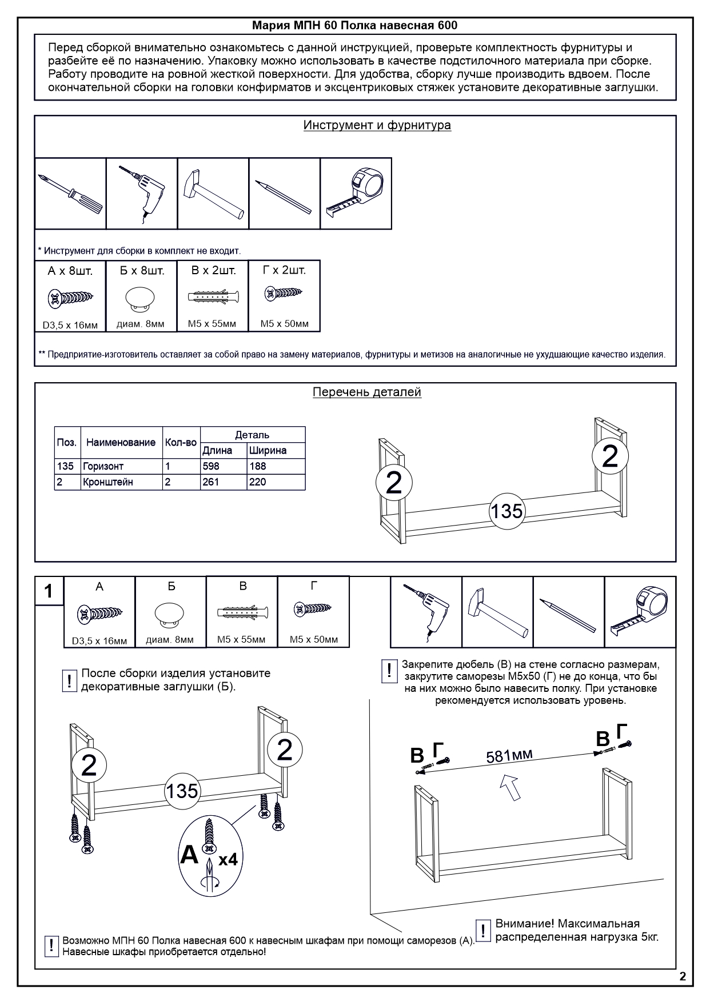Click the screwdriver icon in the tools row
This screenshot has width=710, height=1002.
[70, 194]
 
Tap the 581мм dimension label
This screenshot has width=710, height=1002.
[509, 755]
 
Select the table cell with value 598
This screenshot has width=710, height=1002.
[223, 466]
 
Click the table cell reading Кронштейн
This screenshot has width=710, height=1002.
[121, 482]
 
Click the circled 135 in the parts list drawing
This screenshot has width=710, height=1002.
[506, 510]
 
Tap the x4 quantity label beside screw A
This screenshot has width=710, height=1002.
[228, 859]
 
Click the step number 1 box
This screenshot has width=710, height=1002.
[49, 591]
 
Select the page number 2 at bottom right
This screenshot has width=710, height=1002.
[683, 976]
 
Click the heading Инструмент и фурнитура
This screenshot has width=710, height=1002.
[377, 125]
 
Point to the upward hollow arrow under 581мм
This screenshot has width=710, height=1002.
[512, 787]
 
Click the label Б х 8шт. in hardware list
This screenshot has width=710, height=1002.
[142, 271]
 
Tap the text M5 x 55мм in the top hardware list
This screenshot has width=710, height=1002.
[212, 324]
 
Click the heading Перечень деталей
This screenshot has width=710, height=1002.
[366, 392]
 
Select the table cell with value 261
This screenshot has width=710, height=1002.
[223, 482]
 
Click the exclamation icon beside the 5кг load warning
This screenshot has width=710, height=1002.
[483, 931]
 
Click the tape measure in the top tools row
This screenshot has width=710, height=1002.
[356, 193]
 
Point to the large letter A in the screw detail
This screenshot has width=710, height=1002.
[189, 855]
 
